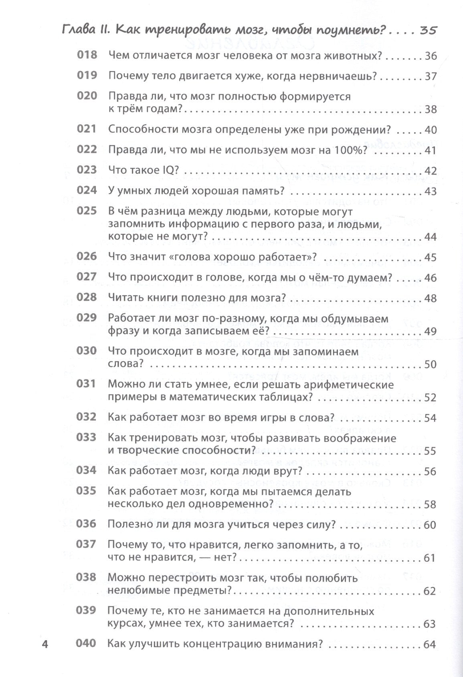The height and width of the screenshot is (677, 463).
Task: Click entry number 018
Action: coord(87,55)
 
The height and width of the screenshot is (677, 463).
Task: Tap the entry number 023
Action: coord(87,170)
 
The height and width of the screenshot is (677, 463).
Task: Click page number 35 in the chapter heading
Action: coord(427,31)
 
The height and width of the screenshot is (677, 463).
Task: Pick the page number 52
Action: coord(429,398)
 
